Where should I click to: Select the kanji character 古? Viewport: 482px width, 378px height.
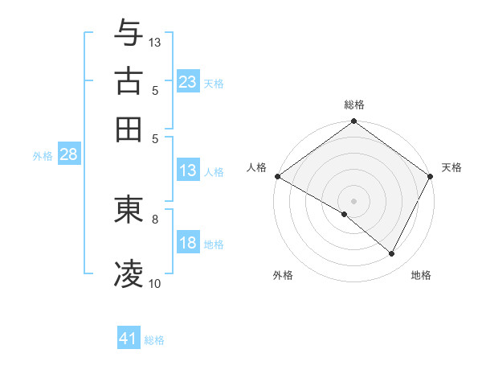coord(129,80)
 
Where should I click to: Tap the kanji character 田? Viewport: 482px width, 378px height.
coord(129,129)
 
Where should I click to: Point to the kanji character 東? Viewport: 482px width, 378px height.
coord(129,210)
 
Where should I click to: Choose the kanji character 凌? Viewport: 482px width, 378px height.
coord(129,273)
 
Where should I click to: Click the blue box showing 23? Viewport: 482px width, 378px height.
coord(188,82)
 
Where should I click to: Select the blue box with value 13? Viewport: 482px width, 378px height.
coord(188,171)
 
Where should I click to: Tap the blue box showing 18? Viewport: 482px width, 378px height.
coord(188,244)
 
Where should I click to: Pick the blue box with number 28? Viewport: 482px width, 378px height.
coord(68,155)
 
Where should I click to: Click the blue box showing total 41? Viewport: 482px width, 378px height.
coord(129,339)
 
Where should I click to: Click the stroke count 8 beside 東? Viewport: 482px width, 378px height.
coord(155,218)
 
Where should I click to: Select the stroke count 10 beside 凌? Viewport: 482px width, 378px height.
coord(155,283)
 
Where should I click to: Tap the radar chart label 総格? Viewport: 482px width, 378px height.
coord(354,105)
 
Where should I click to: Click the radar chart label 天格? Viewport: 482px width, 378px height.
coord(452,167)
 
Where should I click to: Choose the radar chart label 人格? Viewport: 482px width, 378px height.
coord(256,167)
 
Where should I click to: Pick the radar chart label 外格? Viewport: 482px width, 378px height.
coord(283,276)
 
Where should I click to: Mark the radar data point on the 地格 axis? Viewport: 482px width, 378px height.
coord(392,254)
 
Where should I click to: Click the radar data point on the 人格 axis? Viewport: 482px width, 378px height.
coord(277,176)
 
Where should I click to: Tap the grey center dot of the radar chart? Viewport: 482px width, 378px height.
coord(354,200)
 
